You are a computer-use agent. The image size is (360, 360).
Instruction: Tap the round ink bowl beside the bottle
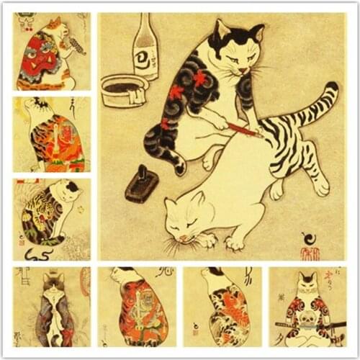coord(124,90)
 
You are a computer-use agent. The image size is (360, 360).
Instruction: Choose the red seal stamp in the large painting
coord(309,253)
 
